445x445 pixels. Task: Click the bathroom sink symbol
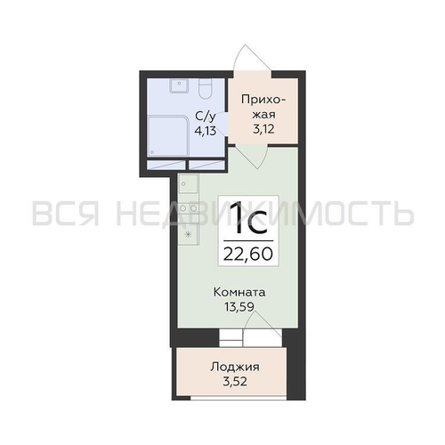[x=179, y=85]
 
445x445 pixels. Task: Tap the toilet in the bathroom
[x=205, y=89]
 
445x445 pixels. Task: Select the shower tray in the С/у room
[x=168, y=136]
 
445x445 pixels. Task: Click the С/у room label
[x=205, y=117]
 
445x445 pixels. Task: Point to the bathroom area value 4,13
[x=205, y=131]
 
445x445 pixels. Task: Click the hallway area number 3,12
[x=263, y=129]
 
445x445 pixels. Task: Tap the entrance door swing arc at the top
[x=252, y=59]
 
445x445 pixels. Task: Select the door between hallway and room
[x=252, y=157]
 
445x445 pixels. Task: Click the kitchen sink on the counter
[x=188, y=183]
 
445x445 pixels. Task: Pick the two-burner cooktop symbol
[x=189, y=208]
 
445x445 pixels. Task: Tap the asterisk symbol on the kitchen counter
[x=188, y=235]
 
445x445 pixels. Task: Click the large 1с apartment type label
[x=248, y=218]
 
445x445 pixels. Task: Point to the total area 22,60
[x=248, y=255]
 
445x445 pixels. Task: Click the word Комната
[x=239, y=293]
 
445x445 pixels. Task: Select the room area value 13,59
[x=239, y=307]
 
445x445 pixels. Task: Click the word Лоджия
[x=235, y=368]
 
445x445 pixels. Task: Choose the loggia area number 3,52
[x=235, y=382]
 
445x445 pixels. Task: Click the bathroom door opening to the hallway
[x=224, y=124]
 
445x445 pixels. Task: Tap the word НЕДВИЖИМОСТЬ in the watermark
[x=264, y=213]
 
